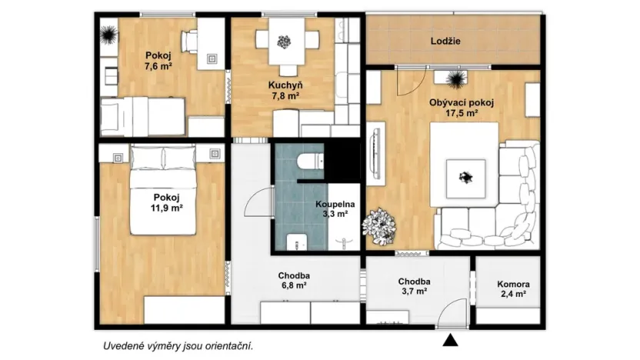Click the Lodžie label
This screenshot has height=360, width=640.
coord(445,42)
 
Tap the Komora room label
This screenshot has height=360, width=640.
coord(513,285)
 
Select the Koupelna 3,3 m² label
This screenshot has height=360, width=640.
coord(335,209)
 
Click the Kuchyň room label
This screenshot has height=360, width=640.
coord(285,85)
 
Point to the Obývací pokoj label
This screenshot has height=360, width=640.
coord(462,103)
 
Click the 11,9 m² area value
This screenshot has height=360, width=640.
coord(166,208)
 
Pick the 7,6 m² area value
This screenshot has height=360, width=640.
coord(158,66)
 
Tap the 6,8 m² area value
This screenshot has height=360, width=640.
coord(294,285)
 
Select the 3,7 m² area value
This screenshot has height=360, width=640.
coord(415,292)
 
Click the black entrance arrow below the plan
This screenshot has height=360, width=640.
coord(450,340)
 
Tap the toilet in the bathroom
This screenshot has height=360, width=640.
coord(310,162)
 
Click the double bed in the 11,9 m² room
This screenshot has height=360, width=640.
coord(163,190)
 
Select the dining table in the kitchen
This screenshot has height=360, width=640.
coord(286,42)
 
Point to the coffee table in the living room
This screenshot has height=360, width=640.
coord(465,178)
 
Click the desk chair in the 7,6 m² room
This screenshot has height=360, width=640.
coord(189,42)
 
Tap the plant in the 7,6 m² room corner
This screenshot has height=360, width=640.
coord(109,35)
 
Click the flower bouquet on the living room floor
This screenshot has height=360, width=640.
coord(379,226)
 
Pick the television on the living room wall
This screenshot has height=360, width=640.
coord(376,153)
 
